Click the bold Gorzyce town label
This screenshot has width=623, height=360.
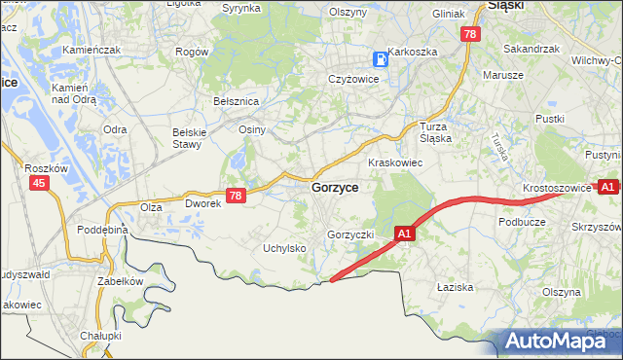tap(335, 188)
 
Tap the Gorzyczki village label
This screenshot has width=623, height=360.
tap(351, 235)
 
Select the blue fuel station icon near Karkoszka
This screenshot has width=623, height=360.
tap(381, 58)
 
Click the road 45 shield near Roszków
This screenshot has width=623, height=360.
tap(39, 183)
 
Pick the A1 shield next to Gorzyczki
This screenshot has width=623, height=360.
tap(406, 234)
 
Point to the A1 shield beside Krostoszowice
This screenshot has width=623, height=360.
tap(608, 186)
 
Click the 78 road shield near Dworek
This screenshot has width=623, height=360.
tap(235, 196)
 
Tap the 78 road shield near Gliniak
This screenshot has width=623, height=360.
tap(470, 34)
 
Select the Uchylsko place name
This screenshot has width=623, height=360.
tap(285, 248)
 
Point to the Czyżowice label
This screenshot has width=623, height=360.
tap(352, 79)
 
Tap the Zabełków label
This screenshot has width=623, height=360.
tap(121, 280)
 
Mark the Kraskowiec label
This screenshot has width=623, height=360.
tap(394, 162)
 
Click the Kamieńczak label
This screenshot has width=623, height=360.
tap(90, 49)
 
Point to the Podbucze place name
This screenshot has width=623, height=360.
tap(521, 222)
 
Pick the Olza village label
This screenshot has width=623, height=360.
tap(151, 207)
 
